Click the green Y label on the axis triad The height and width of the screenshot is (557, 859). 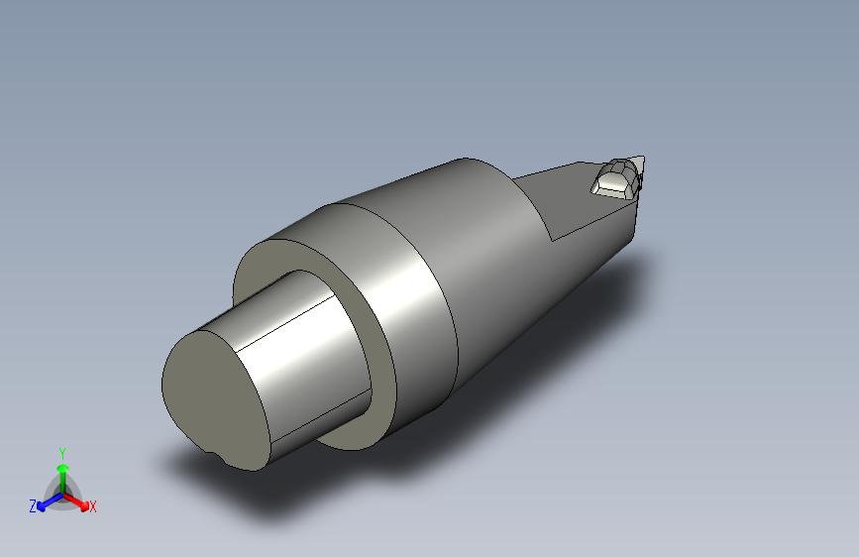click(62, 453)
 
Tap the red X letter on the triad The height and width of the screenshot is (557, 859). click(92, 506)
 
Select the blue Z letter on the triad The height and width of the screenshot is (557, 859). click(33, 506)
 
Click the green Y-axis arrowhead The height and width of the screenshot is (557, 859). click(63, 468)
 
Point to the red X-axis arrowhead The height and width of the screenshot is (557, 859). click(84, 505)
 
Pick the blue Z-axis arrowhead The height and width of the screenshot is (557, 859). click(41, 506)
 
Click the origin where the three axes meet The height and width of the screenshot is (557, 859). click(63, 495)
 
